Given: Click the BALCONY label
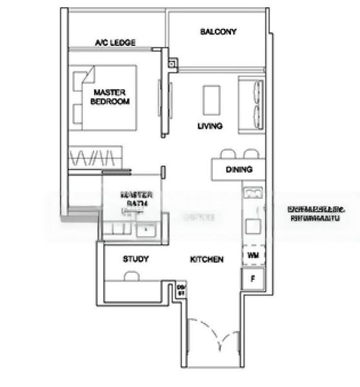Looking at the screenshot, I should (218, 32).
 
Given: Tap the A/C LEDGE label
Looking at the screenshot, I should (115, 43).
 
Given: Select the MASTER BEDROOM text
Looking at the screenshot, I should (110, 97).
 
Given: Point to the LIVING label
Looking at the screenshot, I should (210, 126).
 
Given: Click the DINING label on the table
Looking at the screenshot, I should (239, 170).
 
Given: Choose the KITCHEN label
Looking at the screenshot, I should (206, 259).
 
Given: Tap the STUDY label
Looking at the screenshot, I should (135, 259).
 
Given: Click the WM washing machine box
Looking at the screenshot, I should (252, 255).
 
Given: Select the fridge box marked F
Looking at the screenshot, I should (252, 278).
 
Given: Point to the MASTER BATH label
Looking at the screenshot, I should (137, 198).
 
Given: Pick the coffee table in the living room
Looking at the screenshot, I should (211, 99).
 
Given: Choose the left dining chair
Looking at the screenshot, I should (227, 155).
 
